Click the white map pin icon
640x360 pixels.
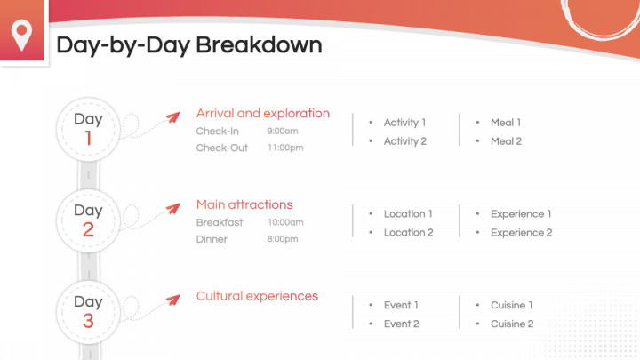click(21, 35)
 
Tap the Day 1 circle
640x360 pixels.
click(88, 130)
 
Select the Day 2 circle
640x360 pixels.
click(88, 220)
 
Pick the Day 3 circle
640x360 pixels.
click(88, 312)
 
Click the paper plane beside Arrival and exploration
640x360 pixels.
click(173, 117)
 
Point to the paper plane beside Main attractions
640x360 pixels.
click(173, 209)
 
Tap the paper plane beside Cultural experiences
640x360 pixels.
click(173, 300)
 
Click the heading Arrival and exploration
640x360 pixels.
click(263, 113)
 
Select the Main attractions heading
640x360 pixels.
click(244, 204)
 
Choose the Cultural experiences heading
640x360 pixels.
click(257, 296)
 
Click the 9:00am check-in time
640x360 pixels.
click(283, 131)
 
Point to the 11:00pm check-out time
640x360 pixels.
click(285, 148)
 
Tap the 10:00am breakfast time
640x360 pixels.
click(285, 222)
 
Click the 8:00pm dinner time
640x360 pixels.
click(283, 239)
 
